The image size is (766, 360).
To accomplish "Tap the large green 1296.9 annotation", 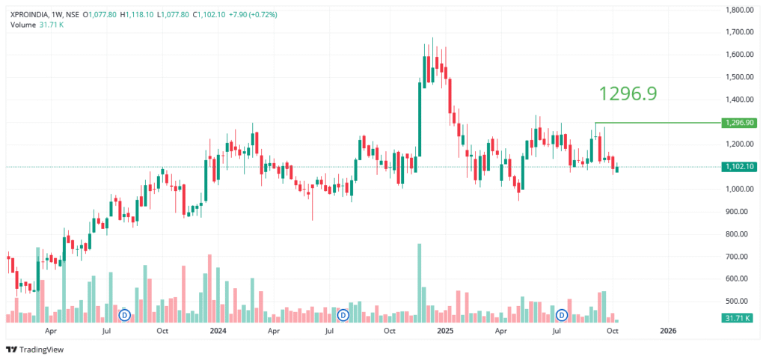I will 628,93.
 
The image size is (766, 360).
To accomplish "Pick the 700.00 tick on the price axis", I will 740,257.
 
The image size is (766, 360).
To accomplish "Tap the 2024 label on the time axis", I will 218,330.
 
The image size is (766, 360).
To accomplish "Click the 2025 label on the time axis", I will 445,330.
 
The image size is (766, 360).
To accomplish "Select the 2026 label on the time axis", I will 669,330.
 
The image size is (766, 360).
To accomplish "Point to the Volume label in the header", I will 22,25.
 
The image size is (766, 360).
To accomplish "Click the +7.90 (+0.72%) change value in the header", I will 251,13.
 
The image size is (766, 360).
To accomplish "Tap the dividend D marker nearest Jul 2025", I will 560,315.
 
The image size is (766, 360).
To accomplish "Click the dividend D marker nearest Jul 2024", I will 343,315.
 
